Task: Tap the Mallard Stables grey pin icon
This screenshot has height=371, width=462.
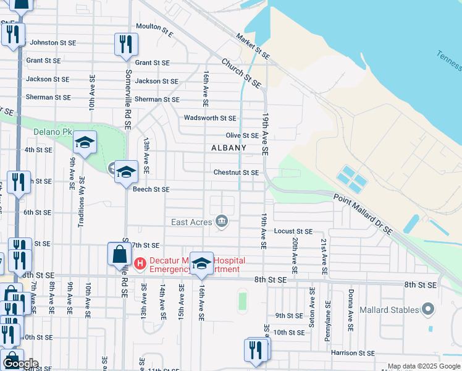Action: coord(427,309)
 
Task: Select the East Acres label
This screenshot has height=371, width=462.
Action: coord(191,222)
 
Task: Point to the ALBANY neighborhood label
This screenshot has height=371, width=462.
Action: coord(229,148)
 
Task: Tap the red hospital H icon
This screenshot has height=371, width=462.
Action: coord(140,264)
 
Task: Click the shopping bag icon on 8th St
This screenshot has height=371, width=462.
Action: coord(119,255)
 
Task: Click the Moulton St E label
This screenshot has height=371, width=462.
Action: coord(155,28)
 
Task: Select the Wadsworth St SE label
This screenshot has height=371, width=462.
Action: coord(210,117)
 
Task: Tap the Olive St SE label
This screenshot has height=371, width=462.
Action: coord(241,135)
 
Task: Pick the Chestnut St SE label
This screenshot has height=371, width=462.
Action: coord(236,173)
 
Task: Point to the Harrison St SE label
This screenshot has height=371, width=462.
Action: coord(354,352)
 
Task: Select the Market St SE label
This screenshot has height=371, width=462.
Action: coord(254,46)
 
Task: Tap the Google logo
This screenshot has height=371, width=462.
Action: coord(20,364)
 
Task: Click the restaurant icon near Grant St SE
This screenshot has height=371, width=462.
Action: coord(126,44)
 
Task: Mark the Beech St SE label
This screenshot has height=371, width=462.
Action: coord(151,189)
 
